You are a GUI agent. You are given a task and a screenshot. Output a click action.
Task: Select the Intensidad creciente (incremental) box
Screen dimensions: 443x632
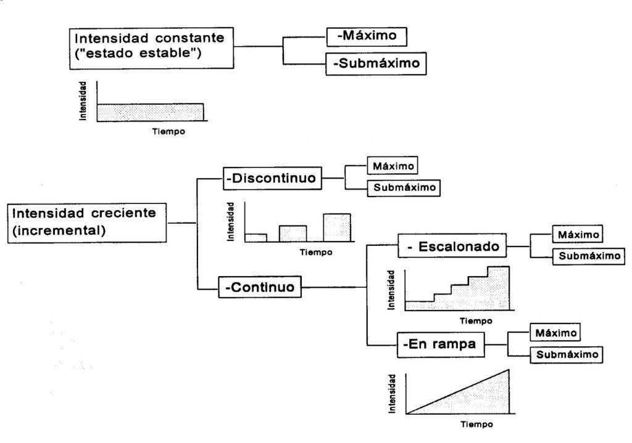[x=87, y=223]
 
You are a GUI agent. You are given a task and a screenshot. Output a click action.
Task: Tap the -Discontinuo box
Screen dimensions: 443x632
[x=272, y=178]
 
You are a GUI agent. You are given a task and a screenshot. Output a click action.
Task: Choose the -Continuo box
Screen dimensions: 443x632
[x=259, y=287]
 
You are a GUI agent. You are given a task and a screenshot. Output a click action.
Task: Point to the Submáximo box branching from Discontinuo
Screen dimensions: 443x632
[x=404, y=187]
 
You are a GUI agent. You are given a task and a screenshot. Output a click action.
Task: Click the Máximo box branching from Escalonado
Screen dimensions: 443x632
[x=576, y=235]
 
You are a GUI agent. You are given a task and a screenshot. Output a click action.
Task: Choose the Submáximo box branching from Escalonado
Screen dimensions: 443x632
[x=584, y=256]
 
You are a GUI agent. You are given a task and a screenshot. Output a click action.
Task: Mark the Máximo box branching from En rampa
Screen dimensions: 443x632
[x=556, y=333]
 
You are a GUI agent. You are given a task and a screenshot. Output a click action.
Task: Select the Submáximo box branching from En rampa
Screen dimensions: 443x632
[x=566, y=354]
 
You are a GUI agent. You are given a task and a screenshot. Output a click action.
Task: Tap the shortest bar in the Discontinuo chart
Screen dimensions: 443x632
[x=256, y=237]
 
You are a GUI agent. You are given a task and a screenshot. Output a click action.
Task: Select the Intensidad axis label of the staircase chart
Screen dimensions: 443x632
[x=391, y=290]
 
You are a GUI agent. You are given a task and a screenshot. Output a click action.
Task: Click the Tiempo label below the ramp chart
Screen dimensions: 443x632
[x=476, y=425]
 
